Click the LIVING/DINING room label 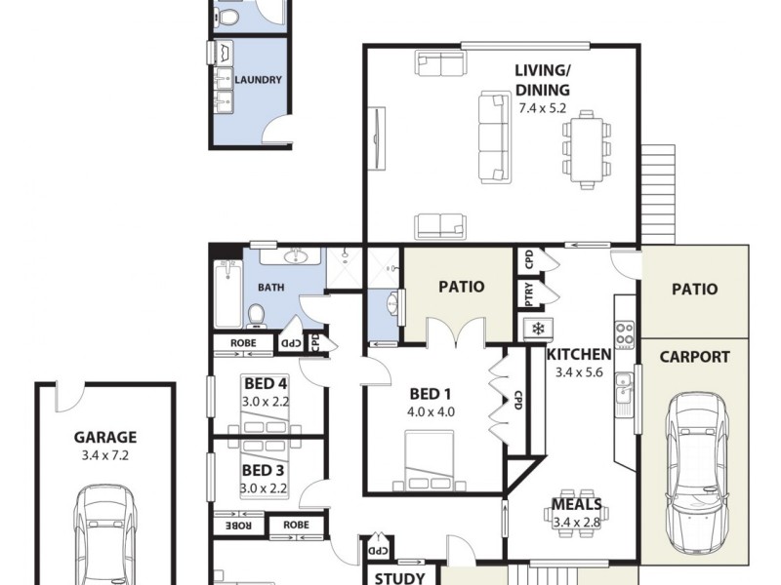click(542, 80)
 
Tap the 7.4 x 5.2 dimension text click(542, 108)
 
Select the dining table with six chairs click(586, 149)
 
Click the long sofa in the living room click(495, 136)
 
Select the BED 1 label click(431, 394)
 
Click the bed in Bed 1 click(431, 459)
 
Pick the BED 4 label click(261, 383)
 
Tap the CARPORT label click(694, 357)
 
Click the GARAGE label click(105, 438)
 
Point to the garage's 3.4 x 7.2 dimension click(105, 455)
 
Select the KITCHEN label click(579, 354)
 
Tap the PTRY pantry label click(529, 293)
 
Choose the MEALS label click(576, 505)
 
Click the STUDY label click(400, 578)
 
